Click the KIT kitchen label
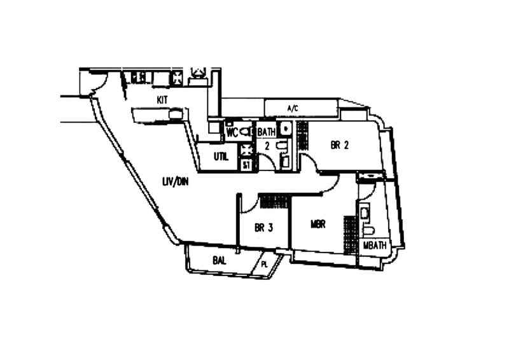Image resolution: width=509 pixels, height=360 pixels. pos(162,100)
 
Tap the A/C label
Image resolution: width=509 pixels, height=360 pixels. pos(292,108)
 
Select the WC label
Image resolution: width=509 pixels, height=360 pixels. pos(232,132)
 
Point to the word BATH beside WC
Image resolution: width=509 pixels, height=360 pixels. pos(267,132)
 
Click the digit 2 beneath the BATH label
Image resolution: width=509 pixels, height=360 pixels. pos(267,146)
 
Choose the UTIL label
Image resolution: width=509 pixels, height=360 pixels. pos(220,155)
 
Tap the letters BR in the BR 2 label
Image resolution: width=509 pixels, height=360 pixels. pos(335,145)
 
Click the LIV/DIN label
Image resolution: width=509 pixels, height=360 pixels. pos(175,181)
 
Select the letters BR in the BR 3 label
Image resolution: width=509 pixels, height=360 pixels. pos(260,226)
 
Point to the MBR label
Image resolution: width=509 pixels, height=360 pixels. pos(317,224)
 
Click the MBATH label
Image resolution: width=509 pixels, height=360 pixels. pos(375,245)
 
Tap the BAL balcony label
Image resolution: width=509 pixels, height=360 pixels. pos(218,260)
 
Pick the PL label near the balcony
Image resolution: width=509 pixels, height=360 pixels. pos(261,263)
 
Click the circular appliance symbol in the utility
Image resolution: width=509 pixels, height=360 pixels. pos(247,150)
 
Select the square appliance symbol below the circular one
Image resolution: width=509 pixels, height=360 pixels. pos(247,165)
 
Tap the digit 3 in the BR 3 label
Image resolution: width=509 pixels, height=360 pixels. pos(270,226)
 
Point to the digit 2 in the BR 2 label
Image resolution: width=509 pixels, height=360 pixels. pos(346,145)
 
